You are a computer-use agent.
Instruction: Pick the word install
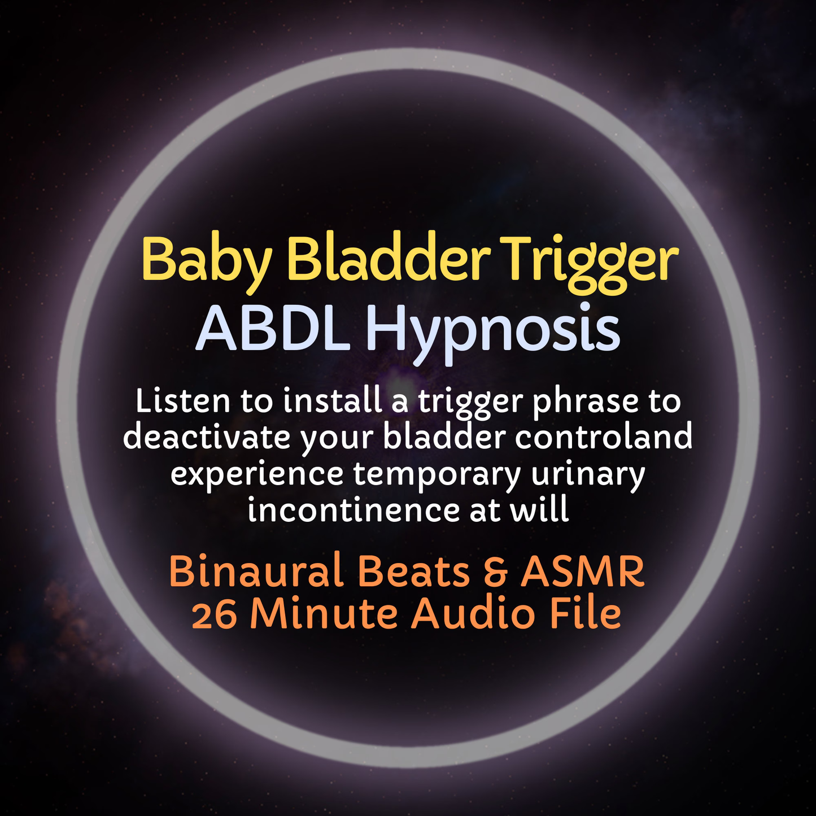pos(332,402)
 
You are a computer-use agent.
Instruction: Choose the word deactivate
pos(207,438)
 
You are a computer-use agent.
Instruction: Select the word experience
pos(257,475)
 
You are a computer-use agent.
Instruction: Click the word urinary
pos(588,475)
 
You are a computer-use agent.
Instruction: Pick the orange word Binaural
pos(256,571)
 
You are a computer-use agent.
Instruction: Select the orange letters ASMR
pos(582,571)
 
